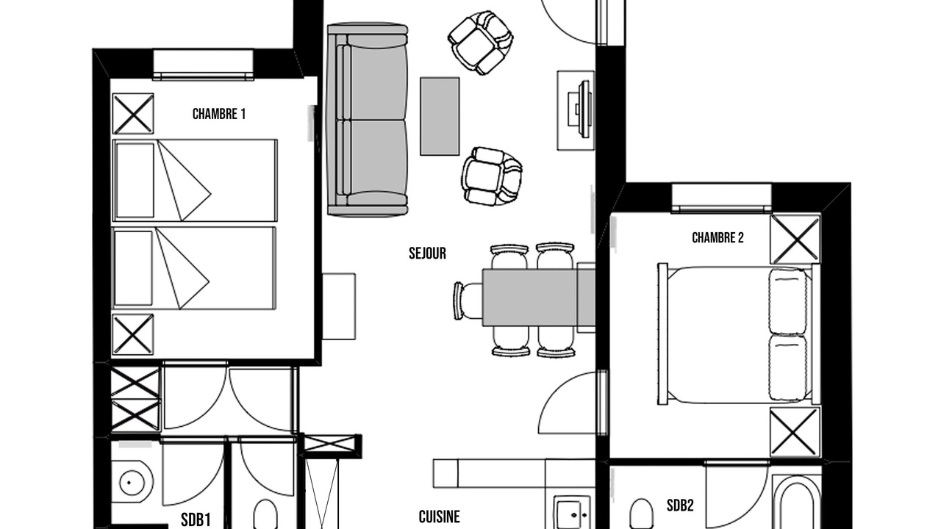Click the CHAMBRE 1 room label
click(x=219, y=114)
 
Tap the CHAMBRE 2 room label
click(x=718, y=237)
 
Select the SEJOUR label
click(x=427, y=253)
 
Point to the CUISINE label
click(x=440, y=517)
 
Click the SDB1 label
click(x=196, y=519)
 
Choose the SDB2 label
click(x=680, y=505)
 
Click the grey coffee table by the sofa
click(x=440, y=116)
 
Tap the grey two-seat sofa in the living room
click(x=368, y=120)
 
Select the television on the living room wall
click(x=581, y=109)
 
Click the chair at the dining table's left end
click(x=468, y=301)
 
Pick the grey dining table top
click(x=538, y=298)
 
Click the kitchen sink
click(x=572, y=513)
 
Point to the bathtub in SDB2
click(x=796, y=502)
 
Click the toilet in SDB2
click(x=641, y=514)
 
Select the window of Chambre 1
click(x=204, y=65)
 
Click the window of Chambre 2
click(x=721, y=198)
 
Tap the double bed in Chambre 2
click(x=739, y=334)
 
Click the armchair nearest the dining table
click(x=491, y=177)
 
